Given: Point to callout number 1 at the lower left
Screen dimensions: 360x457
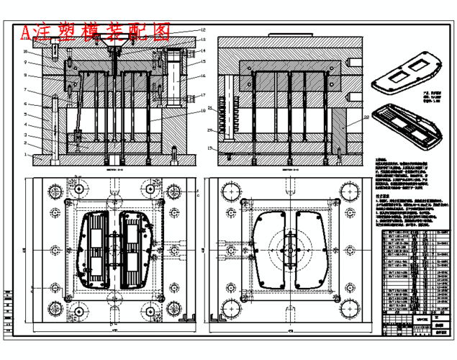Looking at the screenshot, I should (x=25, y=153).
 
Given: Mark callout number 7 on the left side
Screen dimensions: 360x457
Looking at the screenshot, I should (x=25, y=90).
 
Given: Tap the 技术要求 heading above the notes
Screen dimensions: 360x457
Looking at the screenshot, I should (x=384, y=196).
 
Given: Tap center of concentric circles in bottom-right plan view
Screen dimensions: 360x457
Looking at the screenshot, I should (x=289, y=251).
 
